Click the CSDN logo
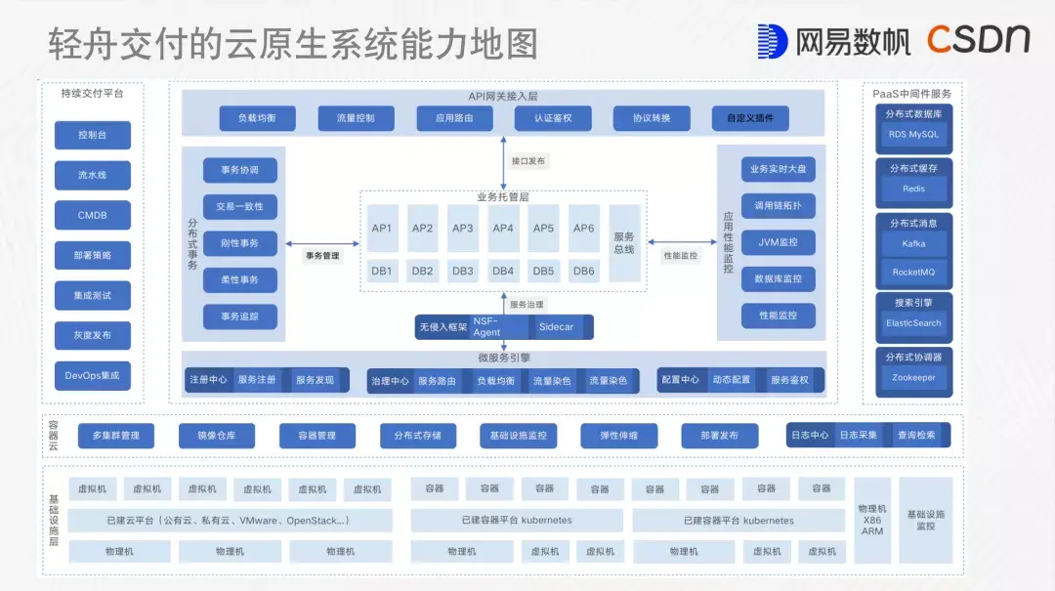coord(978,39)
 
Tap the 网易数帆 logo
coord(833,40)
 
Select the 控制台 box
coord(93,135)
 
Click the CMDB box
coord(93,215)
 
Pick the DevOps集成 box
coord(93,375)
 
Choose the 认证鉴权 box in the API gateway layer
coord(553,118)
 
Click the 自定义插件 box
coord(749,118)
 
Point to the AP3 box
coord(463,229)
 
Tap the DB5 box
coord(543,271)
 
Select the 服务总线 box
coord(624,242)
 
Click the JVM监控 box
coord(778,242)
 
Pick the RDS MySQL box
coord(913,135)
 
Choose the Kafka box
coord(913,243)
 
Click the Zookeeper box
coord(913,378)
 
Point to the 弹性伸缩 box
coord(618,436)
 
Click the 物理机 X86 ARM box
coord(872,520)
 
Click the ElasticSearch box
coord(913,323)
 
